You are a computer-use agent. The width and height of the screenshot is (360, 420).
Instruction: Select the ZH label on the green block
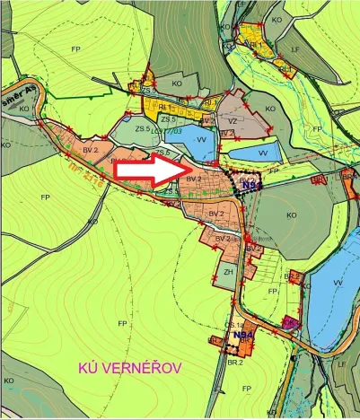coord(229,273)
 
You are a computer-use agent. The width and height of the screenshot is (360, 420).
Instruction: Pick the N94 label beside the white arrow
coord(251,186)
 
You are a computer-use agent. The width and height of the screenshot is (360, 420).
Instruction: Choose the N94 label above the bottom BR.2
coord(242,336)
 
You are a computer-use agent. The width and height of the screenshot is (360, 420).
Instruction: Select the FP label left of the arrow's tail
coord(45,196)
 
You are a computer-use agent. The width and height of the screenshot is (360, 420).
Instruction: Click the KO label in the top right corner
coord(277,18)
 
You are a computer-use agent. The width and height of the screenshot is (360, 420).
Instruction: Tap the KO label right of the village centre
coord(292,215)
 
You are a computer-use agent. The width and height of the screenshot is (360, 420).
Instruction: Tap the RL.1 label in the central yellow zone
coord(167,106)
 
